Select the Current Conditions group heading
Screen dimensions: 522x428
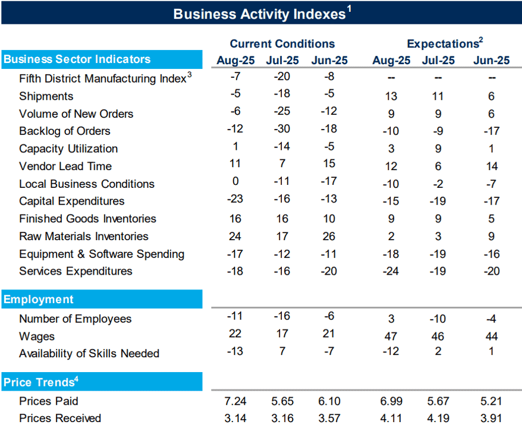click(x=282, y=43)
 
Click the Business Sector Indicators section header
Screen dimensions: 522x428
click(x=77, y=59)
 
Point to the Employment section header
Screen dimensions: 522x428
click(x=38, y=299)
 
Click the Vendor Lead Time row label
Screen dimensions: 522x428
click(x=65, y=166)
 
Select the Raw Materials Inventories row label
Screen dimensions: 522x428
click(x=84, y=237)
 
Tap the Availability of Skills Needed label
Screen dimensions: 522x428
click(x=89, y=353)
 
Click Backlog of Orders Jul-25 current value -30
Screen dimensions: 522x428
click(x=282, y=128)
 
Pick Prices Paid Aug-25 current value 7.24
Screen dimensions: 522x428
click(x=235, y=401)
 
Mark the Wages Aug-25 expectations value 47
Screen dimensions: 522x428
click(x=391, y=336)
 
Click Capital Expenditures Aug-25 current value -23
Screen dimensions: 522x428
click(x=235, y=199)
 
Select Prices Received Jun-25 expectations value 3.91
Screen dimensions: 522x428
click(x=491, y=418)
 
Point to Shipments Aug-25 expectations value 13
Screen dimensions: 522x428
click(x=391, y=96)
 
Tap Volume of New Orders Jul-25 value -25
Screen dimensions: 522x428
click(x=282, y=111)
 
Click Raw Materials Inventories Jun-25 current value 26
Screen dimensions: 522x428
click(x=329, y=237)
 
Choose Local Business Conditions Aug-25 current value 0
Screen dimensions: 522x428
click(x=235, y=181)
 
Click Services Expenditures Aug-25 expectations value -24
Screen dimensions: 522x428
click(x=391, y=271)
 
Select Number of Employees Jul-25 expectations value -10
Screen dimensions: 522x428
click(x=438, y=319)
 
